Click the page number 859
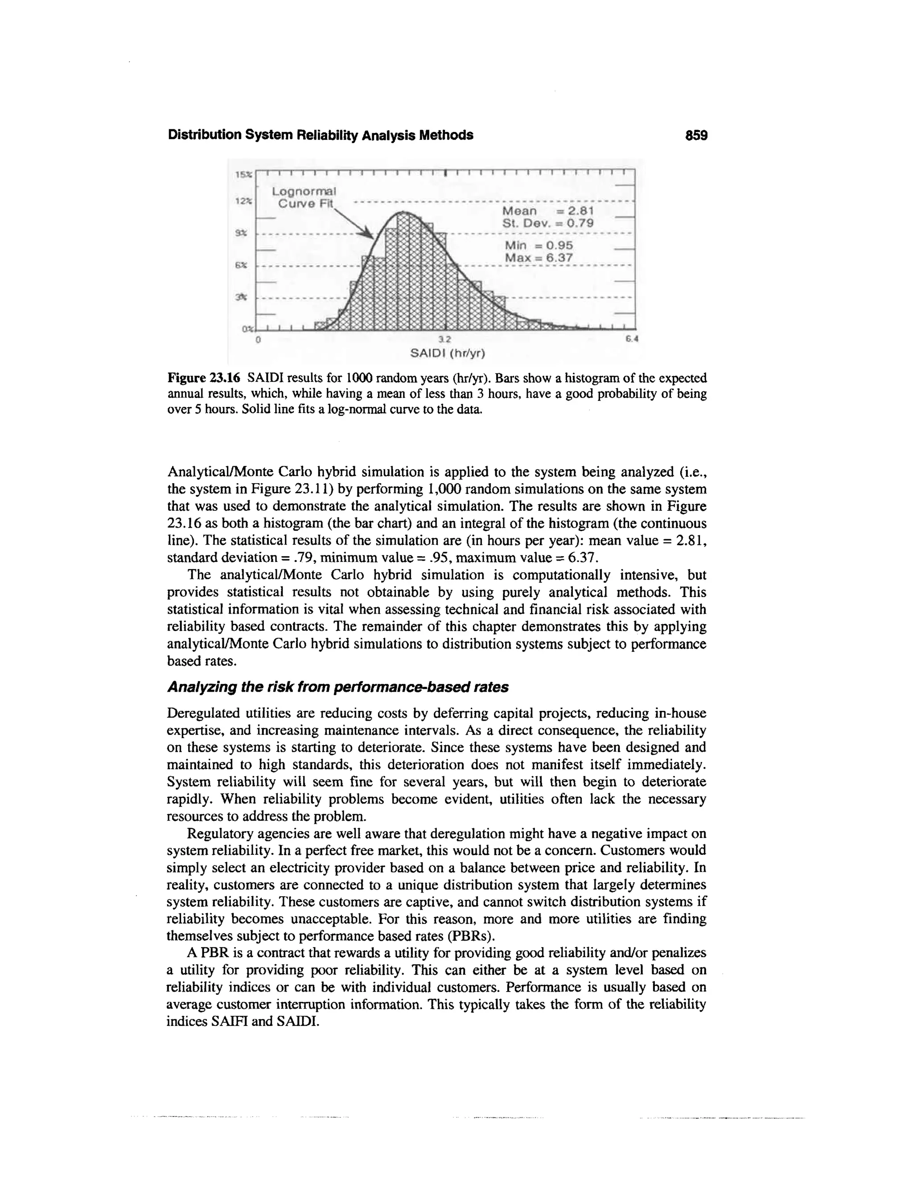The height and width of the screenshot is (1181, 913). (696, 135)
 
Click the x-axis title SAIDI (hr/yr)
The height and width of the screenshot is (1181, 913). (448, 354)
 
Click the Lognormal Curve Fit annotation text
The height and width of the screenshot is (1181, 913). (304, 197)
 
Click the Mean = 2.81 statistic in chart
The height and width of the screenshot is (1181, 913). (548, 211)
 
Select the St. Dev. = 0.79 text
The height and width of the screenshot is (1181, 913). (548, 223)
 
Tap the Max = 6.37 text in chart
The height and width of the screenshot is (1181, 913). (538, 258)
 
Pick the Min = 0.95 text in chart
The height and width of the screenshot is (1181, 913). (538, 246)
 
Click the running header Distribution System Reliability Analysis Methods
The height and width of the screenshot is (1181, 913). (320, 135)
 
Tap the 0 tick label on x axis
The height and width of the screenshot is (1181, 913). (259, 340)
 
